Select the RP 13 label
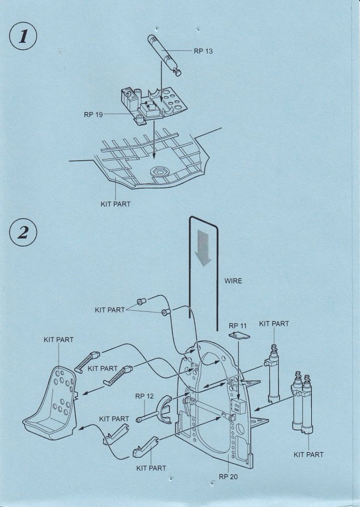pyautogui.click(x=203, y=51)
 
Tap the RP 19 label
pyautogui.click(x=94, y=115)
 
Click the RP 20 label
pyautogui.click(x=228, y=475)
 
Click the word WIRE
pyautogui.click(x=233, y=281)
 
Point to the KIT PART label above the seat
pyautogui.click(x=59, y=339)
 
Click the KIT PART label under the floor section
pyautogui.click(x=115, y=204)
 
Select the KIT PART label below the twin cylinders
pyautogui.click(x=308, y=454)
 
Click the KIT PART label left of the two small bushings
pyautogui.click(x=110, y=310)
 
